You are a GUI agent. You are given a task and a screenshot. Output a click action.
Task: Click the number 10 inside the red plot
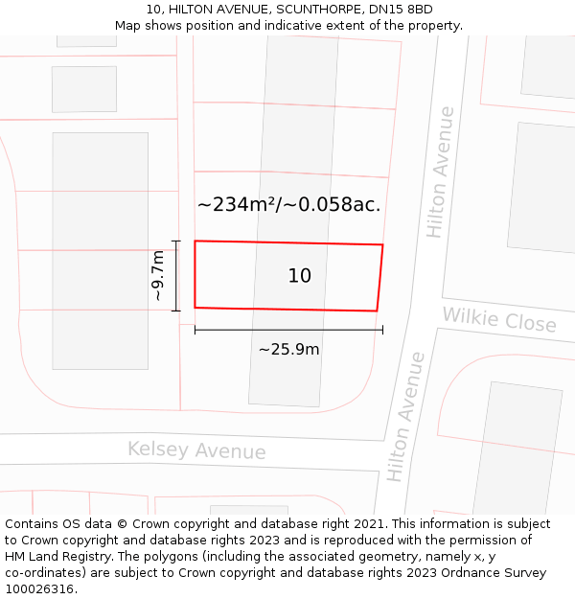299,276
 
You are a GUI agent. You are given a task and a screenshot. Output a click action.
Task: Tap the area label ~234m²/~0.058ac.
288,204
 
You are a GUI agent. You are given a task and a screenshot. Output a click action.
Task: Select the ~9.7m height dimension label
159,276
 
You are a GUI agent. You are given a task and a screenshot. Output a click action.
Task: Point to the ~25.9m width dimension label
288,350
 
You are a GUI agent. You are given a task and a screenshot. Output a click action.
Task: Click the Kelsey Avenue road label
196,449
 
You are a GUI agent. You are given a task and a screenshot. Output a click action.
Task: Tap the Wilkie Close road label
498,320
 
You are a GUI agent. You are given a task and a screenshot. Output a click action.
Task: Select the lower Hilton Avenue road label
405,417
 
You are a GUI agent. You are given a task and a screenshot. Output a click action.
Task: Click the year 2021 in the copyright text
365,524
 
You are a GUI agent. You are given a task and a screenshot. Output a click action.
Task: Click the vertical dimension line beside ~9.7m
176,276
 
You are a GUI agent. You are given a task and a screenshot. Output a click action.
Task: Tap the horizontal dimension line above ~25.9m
288,330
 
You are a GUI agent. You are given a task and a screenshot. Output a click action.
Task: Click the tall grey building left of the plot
100,250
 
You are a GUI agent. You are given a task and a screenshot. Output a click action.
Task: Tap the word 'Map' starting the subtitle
128,26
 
